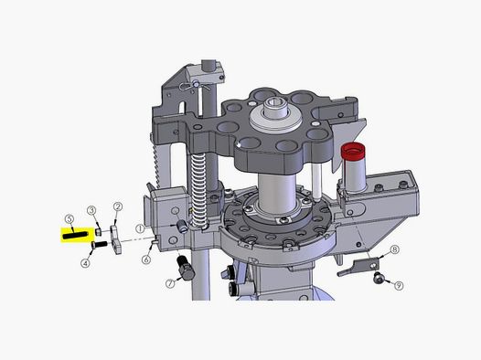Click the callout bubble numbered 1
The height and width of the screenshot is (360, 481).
pyautogui.click(x=140, y=228)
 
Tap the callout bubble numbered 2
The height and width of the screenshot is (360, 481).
pyautogui.click(x=118, y=206)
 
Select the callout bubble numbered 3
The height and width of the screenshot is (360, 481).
pyautogui.click(x=91, y=210)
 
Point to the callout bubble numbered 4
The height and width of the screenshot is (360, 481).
pyautogui.click(x=86, y=263)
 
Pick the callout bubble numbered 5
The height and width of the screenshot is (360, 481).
pyautogui.click(x=69, y=218)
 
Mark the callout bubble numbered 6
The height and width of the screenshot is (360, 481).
pyautogui.click(x=146, y=259)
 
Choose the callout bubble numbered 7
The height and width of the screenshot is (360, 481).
pyautogui.click(x=170, y=284)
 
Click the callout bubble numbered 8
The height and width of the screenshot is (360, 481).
pyautogui.click(x=394, y=249)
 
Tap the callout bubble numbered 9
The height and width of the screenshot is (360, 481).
pyautogui.click(x=398, y=286)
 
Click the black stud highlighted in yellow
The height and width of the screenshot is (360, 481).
pyautogui.click(x=75, y=236)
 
